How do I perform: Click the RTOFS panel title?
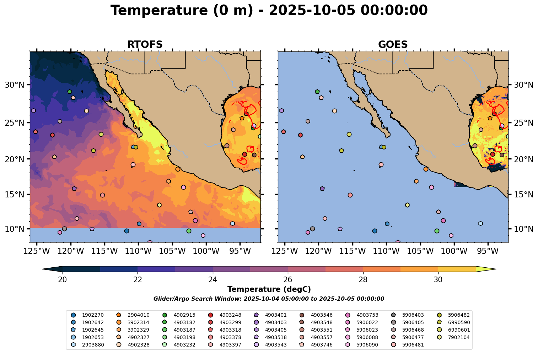(145, 45)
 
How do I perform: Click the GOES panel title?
(393, 45)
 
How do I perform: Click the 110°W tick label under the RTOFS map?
(138, 251)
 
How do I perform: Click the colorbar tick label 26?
(287, 279)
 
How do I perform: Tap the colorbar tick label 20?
(63, 279)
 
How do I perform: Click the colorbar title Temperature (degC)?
(269, 289)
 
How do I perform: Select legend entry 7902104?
(459, 337)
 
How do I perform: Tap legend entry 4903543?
(276, 345)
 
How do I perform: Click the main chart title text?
(269, 10)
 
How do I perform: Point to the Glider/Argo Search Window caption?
(269, 299)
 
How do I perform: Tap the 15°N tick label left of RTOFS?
(14, 195)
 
